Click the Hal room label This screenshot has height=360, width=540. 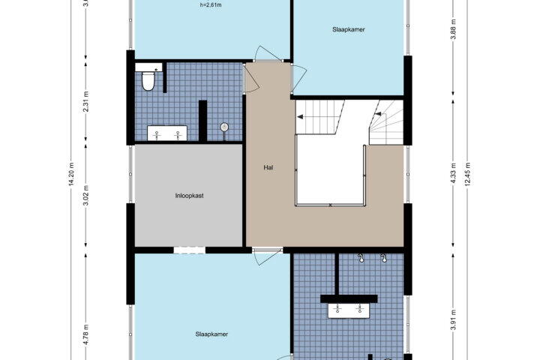(268, 168)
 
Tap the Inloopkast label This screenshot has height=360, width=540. (190, 196)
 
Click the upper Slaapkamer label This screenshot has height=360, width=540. (349, 30)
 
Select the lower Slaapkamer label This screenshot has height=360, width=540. (211, 334)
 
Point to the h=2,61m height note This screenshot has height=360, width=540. (211, 5)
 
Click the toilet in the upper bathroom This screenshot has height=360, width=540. (148, 81)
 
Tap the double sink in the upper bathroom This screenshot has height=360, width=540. (167, 133)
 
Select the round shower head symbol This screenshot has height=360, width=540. (224, 127)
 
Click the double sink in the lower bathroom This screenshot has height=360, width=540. (349, 310)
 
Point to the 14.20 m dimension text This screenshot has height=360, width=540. (71, 174)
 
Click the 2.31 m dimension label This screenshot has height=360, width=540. (86, 101)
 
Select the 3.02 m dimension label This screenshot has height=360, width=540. (86, 195)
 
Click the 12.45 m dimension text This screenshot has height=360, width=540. (468, 174)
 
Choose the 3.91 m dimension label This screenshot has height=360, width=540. (453, 319)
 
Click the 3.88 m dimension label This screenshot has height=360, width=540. (453, 29)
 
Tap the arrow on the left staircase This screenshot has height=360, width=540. (300, 117)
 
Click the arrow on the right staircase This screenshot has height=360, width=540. (378, 114)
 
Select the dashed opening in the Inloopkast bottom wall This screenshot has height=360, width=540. (190, 250)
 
